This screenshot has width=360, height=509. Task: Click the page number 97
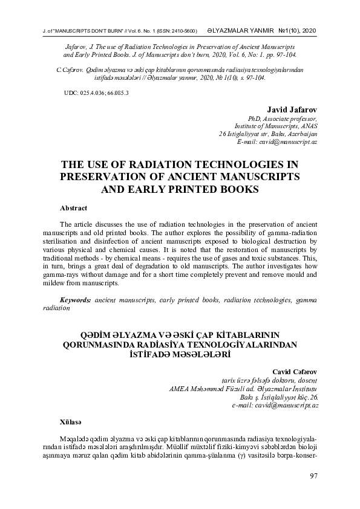(313, 476)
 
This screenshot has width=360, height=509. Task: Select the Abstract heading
(74, 207)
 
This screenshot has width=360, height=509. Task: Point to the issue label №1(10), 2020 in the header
(296, 30)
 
